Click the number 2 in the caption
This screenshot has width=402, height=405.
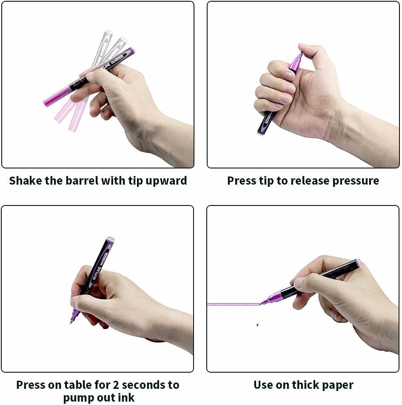click(x=116, y=385)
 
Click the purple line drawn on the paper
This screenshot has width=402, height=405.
click(x=234, y=304)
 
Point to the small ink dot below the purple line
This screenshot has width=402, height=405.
click(x=257, y=325)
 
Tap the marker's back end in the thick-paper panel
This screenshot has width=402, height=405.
click(x=359, y=263)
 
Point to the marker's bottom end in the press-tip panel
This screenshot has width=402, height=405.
click(x=260, y=133)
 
